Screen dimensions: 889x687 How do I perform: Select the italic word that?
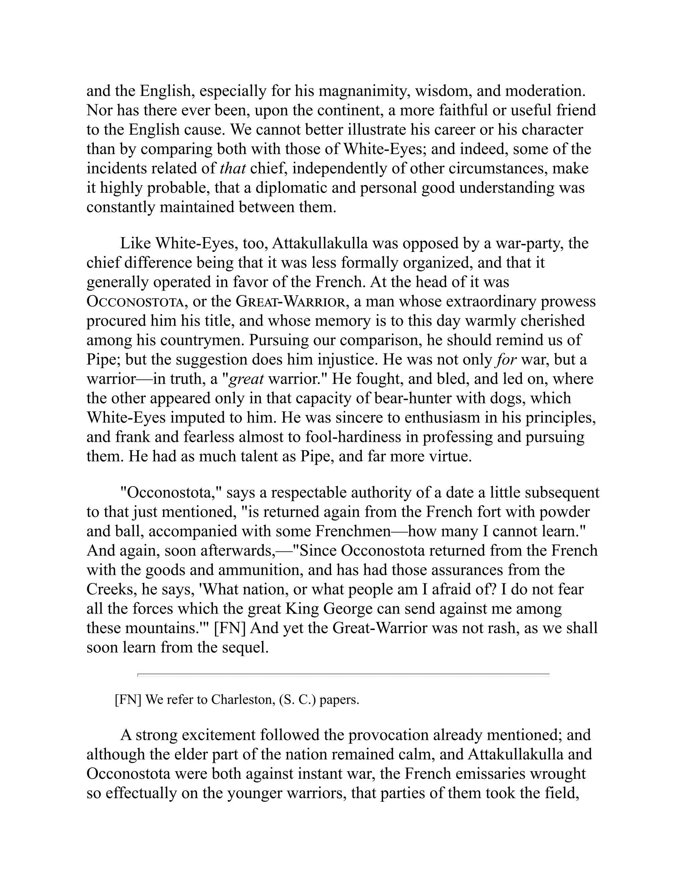point(232,168)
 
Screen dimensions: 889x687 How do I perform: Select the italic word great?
point(247,379)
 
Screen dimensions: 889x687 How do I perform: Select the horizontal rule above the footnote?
point(343,675)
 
